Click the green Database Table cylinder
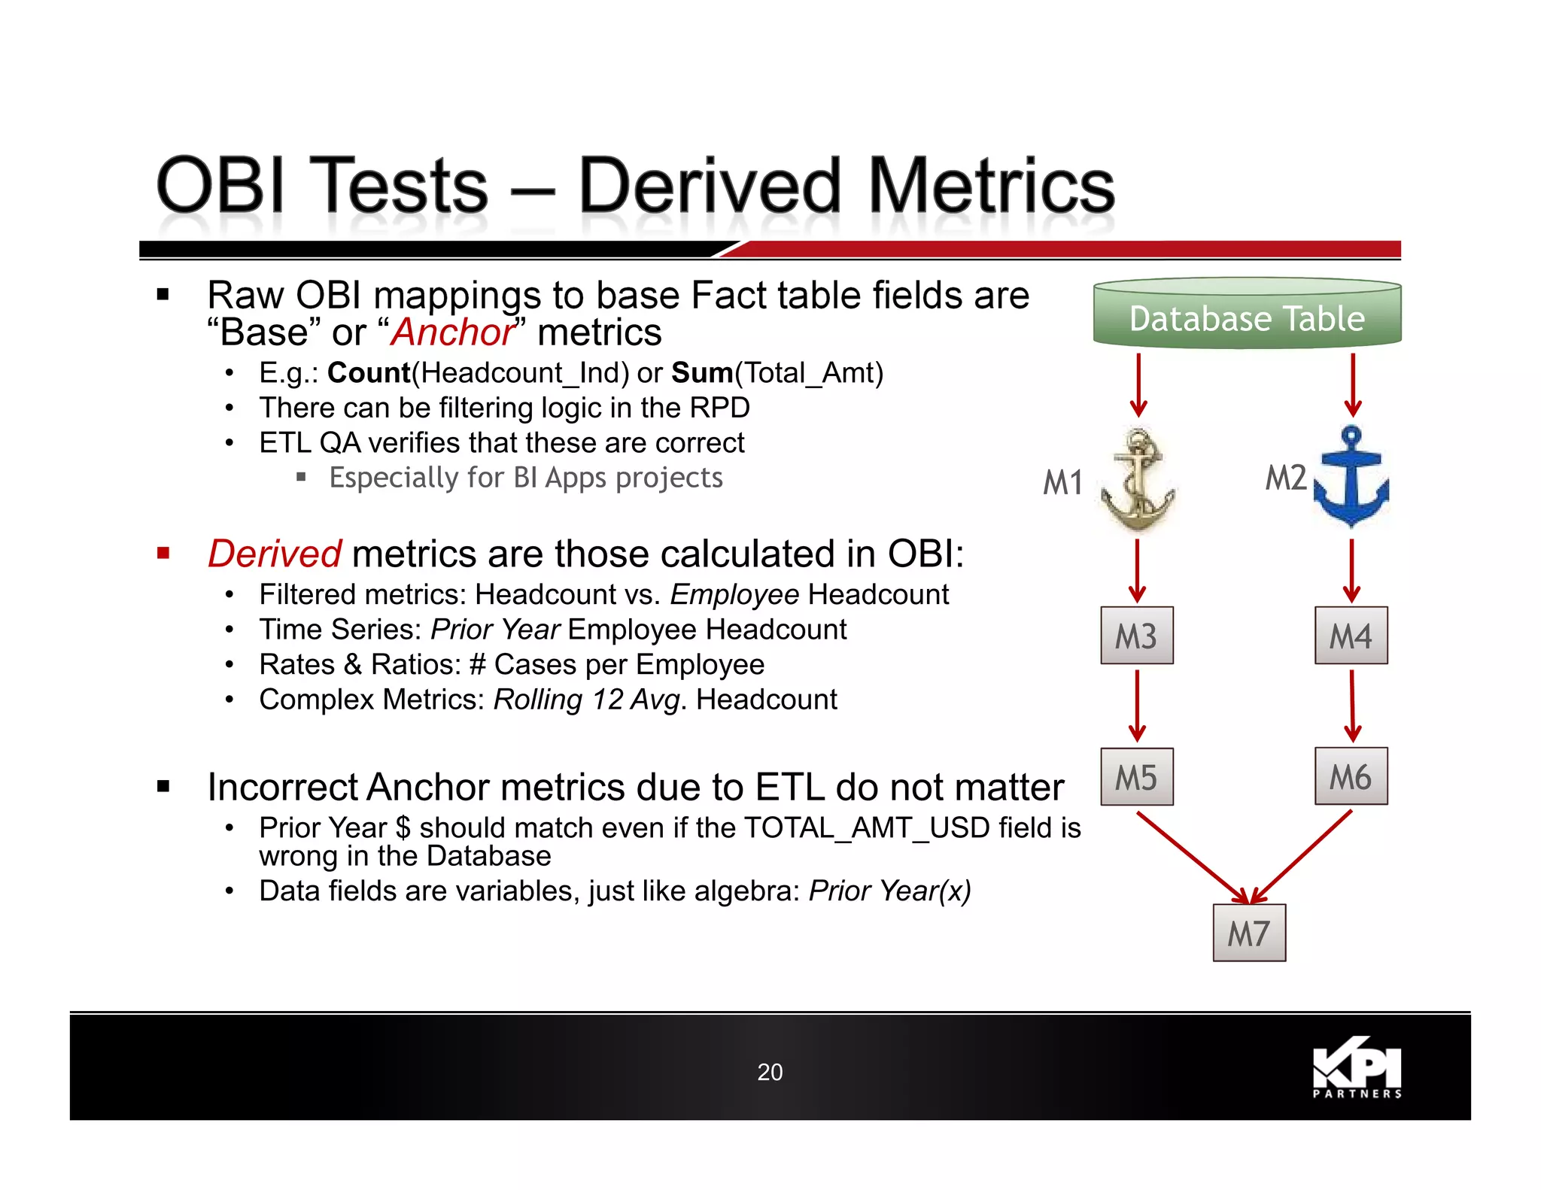(x=1247, y=314)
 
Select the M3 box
(x=1136, y=636)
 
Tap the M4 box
(x=1351, y=636)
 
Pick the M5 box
(x=1136, y=776)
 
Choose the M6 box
(x=1351, y=776)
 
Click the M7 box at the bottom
(x=1249, y=933)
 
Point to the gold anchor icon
(x=1138, y=479)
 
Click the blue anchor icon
(x=1351, y=476)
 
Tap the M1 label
(x=1062, y=482)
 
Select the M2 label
(x=1285, y=478)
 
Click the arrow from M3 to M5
(x=1137, y=706)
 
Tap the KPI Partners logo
(x=1357, y=1068)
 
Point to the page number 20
(x=770, y=1072)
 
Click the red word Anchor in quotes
(x=453, y=332)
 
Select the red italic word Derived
(x=275, y=554)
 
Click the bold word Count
(x=369, y=373)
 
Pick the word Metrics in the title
(x=991, y=186)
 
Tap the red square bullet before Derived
(x=163, y=554)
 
